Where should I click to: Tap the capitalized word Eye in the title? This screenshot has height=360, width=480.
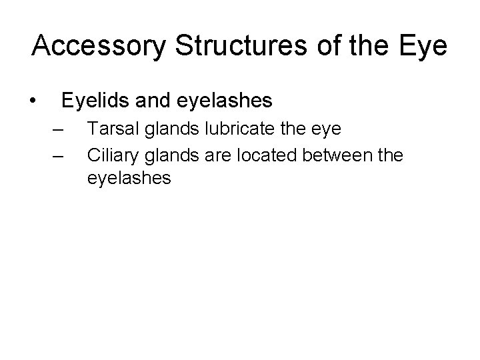[x=422, y=46]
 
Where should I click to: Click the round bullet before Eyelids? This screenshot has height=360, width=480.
[x=33, y=101]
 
